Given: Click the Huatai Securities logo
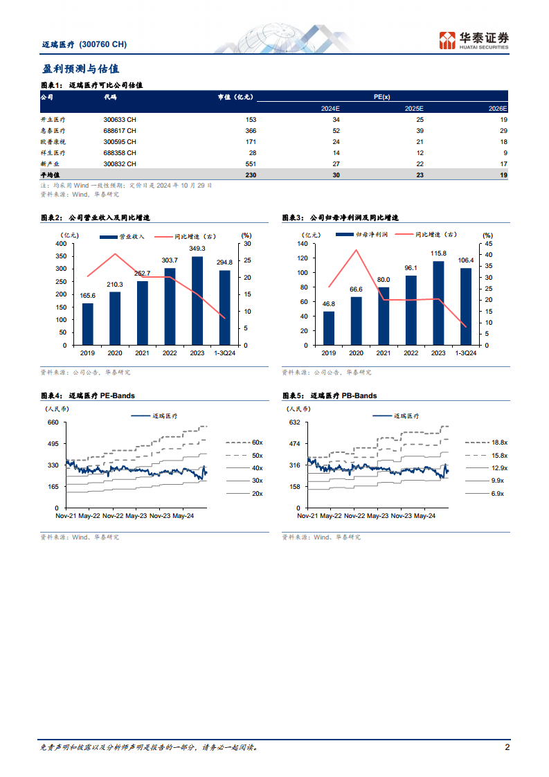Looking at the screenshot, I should tap(474, 40).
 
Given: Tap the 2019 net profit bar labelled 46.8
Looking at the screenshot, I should tap(329, 328).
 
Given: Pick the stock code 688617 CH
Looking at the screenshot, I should tap(120, 131).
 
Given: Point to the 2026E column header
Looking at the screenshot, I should tap(498, 109).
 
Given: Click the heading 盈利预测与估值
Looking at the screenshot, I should tap(80, 69).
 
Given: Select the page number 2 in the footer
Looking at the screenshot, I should tap(507, 747).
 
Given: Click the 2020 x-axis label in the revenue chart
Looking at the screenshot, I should tap(115, 352).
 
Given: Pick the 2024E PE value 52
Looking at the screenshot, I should tap(336, 131).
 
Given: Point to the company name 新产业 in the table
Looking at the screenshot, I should tap(53, 164).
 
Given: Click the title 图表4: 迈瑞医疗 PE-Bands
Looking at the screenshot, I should tap(88, 396).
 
